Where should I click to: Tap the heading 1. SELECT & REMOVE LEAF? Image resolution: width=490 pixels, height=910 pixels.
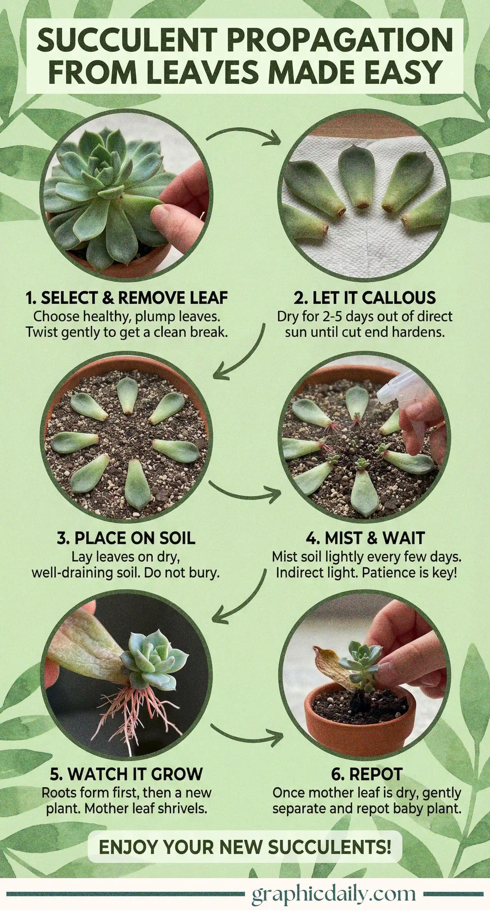pyautogui.click(x=126, y=298)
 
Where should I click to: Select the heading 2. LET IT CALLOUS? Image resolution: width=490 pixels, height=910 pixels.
pyautogui.click(x=365, y=298)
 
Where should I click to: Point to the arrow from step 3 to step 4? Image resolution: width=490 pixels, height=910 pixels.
pyautogui.click(x=244, y=492)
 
